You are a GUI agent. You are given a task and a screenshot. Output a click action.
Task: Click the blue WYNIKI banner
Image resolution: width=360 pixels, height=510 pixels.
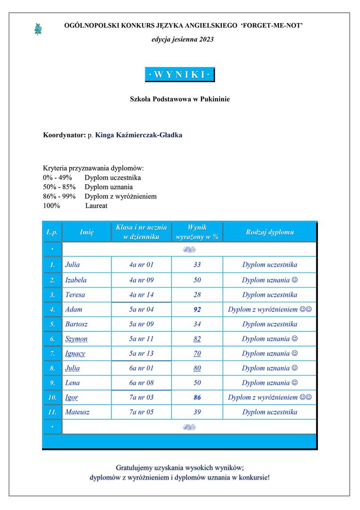click(179, 75)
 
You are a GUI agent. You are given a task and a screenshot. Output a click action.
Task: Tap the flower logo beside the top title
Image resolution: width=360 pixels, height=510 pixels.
click(38, 29)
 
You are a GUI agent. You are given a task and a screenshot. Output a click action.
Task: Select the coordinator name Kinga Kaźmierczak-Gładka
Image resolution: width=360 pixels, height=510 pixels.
click(139, 135)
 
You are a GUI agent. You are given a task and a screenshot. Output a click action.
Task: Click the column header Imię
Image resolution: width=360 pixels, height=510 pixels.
click(86, 232)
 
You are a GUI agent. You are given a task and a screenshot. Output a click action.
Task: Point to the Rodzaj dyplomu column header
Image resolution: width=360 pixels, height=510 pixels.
click(269, 232)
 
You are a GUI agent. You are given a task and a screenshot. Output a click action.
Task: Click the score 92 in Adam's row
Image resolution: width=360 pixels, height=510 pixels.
click(197, 309)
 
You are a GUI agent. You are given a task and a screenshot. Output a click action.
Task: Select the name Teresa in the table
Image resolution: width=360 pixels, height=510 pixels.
click(75, 295)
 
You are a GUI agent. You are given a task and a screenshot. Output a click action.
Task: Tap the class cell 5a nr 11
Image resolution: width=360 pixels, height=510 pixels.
click(141, 339)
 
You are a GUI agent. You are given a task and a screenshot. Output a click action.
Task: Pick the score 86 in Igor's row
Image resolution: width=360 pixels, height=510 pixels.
click(197, 397)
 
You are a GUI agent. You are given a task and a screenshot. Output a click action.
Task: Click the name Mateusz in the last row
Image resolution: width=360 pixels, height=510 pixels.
click(77, 412)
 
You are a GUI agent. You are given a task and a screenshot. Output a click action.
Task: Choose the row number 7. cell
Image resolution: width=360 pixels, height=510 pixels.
click(52, 353)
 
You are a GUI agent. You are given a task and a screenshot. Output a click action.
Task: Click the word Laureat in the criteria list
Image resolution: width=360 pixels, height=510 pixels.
click(96, 205)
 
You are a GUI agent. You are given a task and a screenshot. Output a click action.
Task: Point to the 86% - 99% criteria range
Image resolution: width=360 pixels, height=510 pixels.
click(59, 196)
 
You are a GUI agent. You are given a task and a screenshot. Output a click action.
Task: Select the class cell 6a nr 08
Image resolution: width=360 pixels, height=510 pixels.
click(141, 382)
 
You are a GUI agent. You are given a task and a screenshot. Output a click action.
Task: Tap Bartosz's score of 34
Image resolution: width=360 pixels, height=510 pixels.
click(197, 324)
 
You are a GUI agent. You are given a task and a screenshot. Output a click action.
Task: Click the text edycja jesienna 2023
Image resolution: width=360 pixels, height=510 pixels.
click(183, 39)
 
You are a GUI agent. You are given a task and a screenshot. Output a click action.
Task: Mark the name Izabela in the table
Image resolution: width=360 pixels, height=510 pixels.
click(75, 280)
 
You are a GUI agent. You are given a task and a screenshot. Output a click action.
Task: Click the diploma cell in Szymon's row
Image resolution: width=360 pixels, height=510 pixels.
click(269, 339)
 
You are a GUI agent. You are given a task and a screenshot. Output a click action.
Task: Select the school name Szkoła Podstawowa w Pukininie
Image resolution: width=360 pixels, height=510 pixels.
click(180, 99)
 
